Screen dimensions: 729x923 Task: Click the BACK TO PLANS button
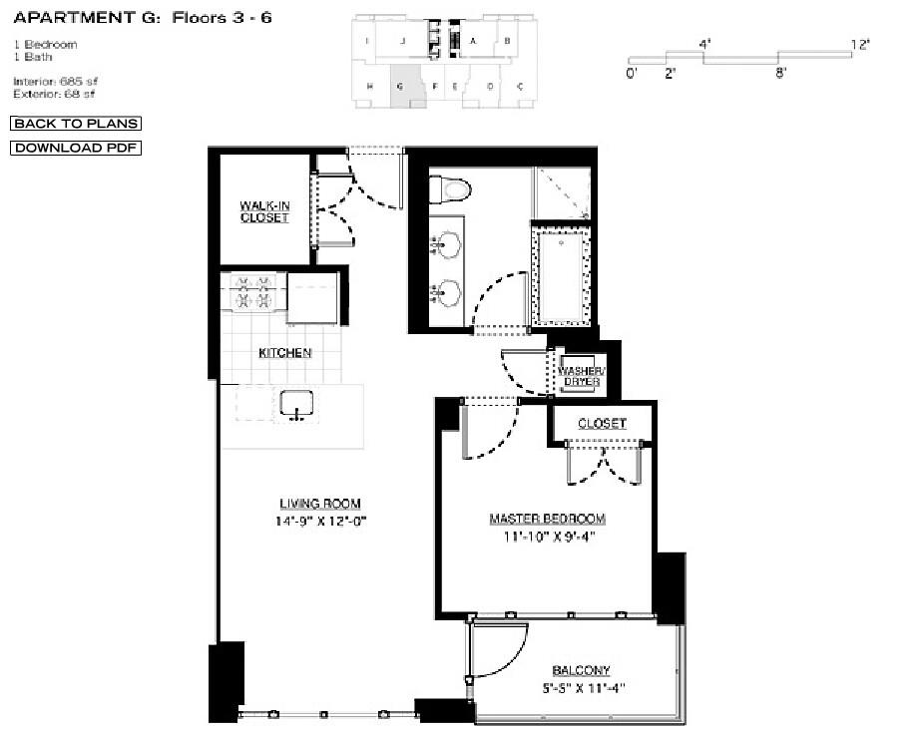click(76, 124)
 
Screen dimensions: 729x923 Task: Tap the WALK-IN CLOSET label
click(264, 211)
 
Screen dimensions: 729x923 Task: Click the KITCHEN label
click(285, 353)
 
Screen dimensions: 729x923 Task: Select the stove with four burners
click(253, 292)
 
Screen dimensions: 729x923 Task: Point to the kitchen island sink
click(296, 404)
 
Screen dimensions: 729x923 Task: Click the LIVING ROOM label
click(319, 504)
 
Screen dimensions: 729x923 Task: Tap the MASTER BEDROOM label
click(547, 520)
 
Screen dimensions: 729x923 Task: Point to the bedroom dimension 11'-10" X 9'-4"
click(547, 537)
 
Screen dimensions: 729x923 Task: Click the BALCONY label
click(582, 670)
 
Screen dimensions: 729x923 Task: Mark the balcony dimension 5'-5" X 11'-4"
click(582, 687)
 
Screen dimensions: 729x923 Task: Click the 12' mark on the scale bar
click(860, 44)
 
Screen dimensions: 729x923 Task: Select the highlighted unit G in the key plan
click(403, 87)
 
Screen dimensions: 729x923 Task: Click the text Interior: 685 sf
click(56, 81)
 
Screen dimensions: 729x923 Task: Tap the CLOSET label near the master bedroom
click(602, 424)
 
